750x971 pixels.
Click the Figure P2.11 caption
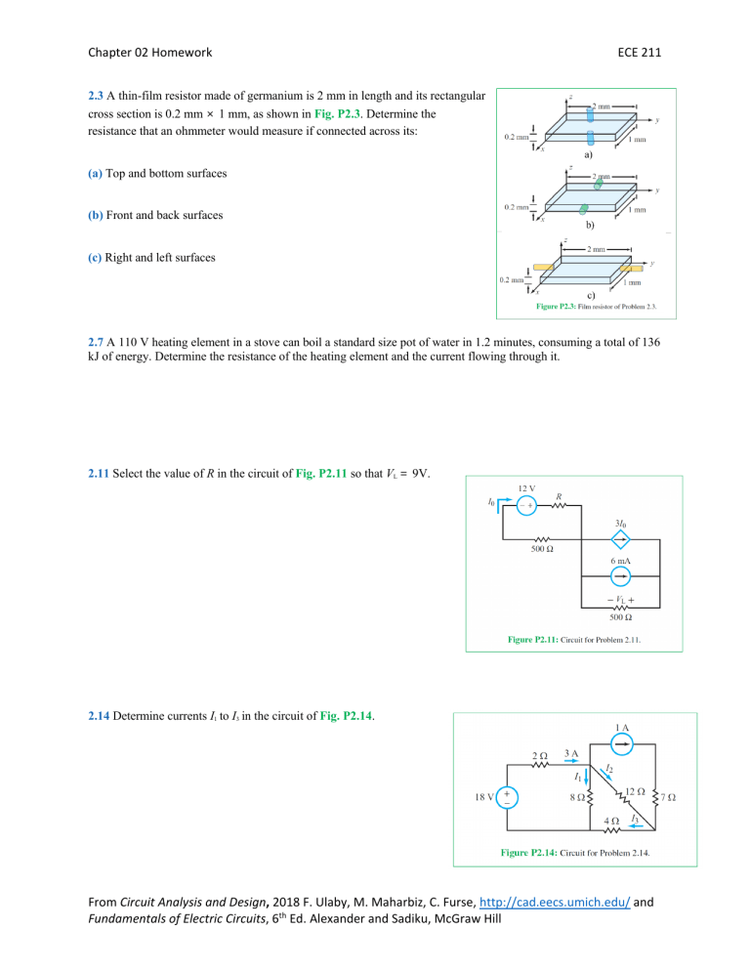[x=580, y=640]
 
